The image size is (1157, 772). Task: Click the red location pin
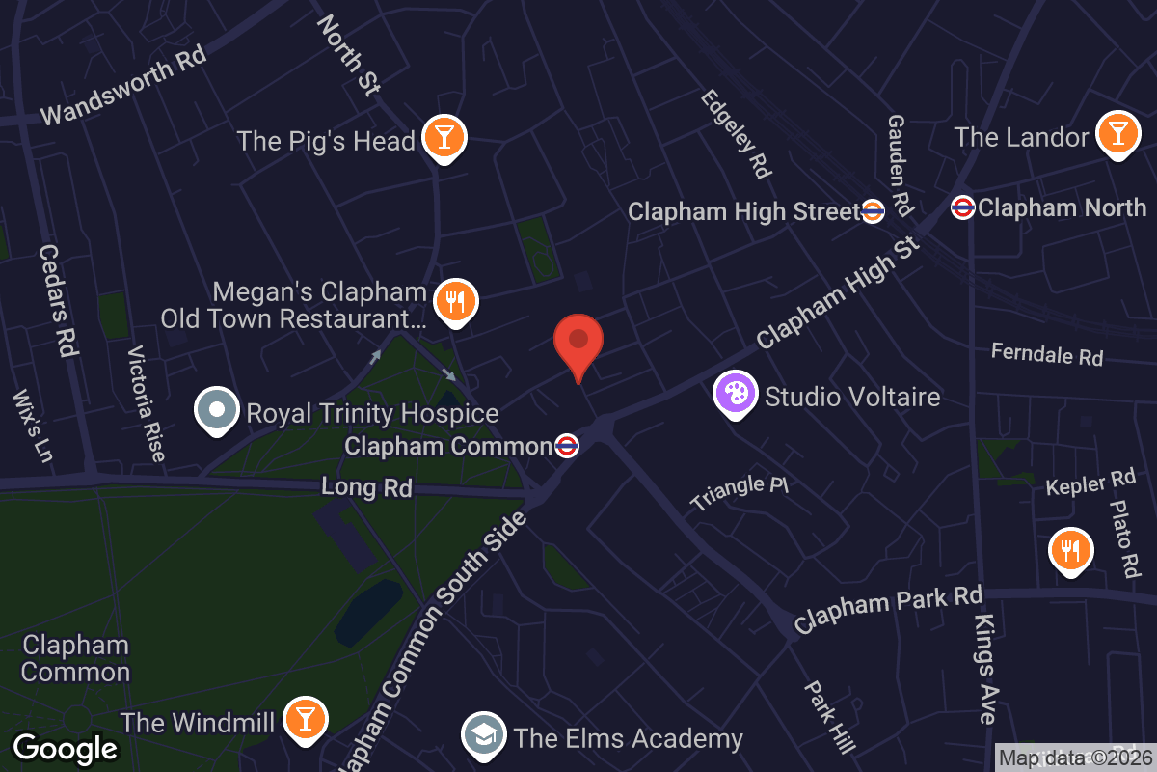pyautogui.click(x=578, y=344)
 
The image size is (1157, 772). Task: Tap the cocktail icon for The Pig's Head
pyautogui.click(x=444, y=138)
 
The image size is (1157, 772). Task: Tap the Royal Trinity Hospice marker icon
pyautogui.click(x=217, y=410)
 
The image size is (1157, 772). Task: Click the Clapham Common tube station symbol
pyautogui.click(x=568, y=446)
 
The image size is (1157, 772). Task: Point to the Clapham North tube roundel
pyautogui.click(x=962, y=207)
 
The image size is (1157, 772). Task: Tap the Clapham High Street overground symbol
pyautogui.click(x=873, y=211)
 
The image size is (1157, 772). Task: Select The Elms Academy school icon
pyautogui.click(x=485, y=736)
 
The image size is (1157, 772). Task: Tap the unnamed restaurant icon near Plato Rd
pyautogui.click(x=1070, y=550)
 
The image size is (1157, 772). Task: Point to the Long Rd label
pyautogui.click(x=366, y=487)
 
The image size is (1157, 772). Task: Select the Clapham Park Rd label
pyautogui.click(x=886, y=607)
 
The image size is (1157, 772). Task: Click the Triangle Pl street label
pyautogui.click(x=740, y=492)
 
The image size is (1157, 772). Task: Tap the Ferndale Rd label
pyautogui.click(x=1047, y=354)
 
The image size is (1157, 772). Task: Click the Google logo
pyautogui.click(x=66, y=748)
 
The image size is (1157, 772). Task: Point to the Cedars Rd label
pyautogui.click(x=58, y=299)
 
